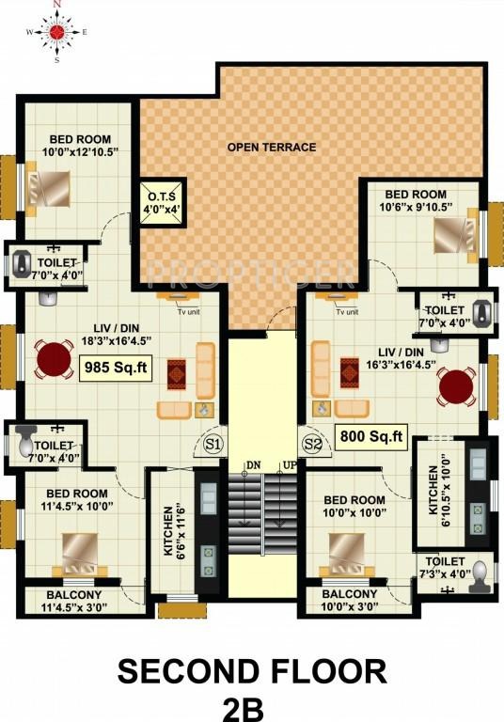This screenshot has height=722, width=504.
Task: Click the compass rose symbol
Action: pyautogui.click(x=55, y=31)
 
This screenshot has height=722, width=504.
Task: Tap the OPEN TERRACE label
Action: pyautogui.click(x=271, y=147)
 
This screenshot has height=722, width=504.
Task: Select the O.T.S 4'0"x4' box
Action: pyautogui.click(x=164, y=202)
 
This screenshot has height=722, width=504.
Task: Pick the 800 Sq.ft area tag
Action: pyautogui.click(x=370, y=435)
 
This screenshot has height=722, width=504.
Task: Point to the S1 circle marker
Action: pyautogui.click(x=213, y=442)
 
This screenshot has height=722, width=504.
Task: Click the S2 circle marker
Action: pyautogui.click(x=312, y=442)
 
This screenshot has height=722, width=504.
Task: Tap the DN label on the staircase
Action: pyautogui.click(x=253, y=463)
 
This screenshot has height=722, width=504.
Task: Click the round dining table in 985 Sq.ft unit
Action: pyautogui.click(x=54, y=358)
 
